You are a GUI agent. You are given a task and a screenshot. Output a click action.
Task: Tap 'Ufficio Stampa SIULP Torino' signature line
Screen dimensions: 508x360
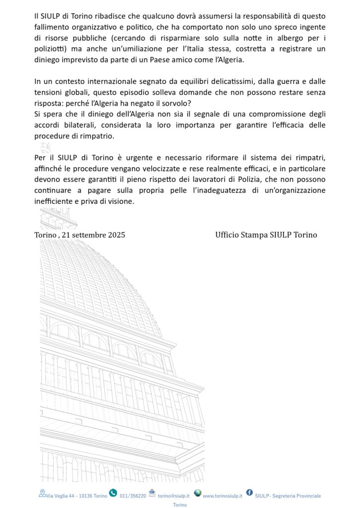pyautogui.click(x=266, y=235)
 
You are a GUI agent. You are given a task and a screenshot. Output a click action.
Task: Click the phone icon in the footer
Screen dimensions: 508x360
pyautogui.click(x=113, y=493)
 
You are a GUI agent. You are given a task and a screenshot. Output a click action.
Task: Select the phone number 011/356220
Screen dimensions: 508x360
pyautogui.click(x=133, y=496)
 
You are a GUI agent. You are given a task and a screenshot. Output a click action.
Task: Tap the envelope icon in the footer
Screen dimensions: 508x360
pyautogui.click(x=152, y=493)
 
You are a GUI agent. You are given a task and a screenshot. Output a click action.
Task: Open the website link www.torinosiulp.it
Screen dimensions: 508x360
pyautogui.click(x=222, y=496)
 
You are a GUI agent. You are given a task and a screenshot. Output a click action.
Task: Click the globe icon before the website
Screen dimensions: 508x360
pyautogui.click(x=198, y=493)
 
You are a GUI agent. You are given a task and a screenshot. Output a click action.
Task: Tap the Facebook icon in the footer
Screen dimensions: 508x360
pyautogui.click(x=249, y=493)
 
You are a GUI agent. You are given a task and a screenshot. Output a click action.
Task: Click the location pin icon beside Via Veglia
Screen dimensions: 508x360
pyautogui.click(x=42, y=493)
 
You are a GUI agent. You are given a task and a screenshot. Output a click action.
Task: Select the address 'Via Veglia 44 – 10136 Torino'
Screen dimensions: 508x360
pyautogui.click(x=76, y=496)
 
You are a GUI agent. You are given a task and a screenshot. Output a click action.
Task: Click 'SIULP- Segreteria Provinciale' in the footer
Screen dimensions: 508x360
pyautogui.click(x=288, y=496)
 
